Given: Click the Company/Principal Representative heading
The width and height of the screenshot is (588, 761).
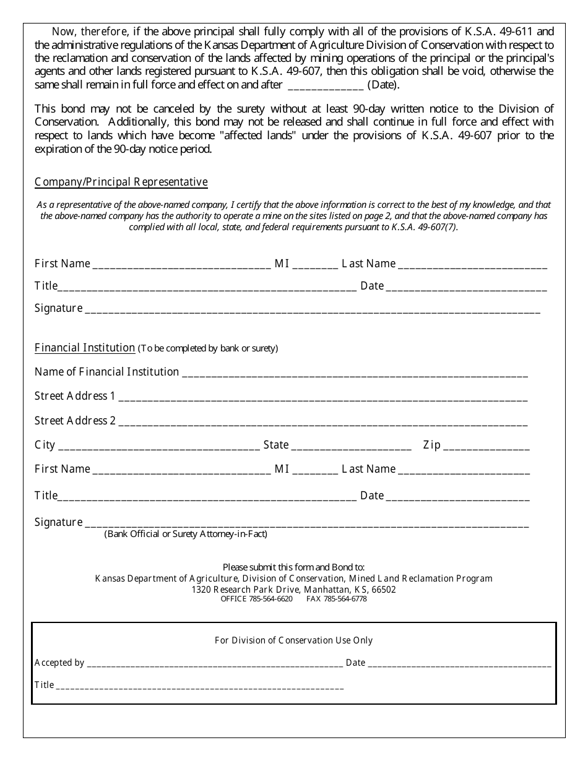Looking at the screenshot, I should (121, 182).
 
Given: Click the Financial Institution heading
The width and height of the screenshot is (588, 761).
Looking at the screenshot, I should (85, 348).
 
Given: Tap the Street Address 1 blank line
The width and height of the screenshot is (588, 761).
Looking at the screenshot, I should (322, 397).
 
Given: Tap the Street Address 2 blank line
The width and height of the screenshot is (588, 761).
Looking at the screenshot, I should (322, 422).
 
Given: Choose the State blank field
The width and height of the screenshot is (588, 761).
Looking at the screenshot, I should (351, 446).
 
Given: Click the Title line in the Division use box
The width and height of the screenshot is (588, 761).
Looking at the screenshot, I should (199, 686).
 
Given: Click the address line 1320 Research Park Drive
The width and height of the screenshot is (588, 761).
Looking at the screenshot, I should (294, 590).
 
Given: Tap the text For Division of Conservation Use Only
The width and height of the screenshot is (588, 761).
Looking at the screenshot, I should (293, 640).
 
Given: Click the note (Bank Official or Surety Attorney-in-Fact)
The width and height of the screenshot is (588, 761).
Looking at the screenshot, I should (186, 534).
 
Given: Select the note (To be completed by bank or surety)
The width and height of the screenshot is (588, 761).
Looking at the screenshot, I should (208, 348).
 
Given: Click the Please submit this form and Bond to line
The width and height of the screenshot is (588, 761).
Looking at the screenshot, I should (293, 567).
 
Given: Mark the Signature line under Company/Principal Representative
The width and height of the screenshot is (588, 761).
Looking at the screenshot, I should (312, 309).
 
